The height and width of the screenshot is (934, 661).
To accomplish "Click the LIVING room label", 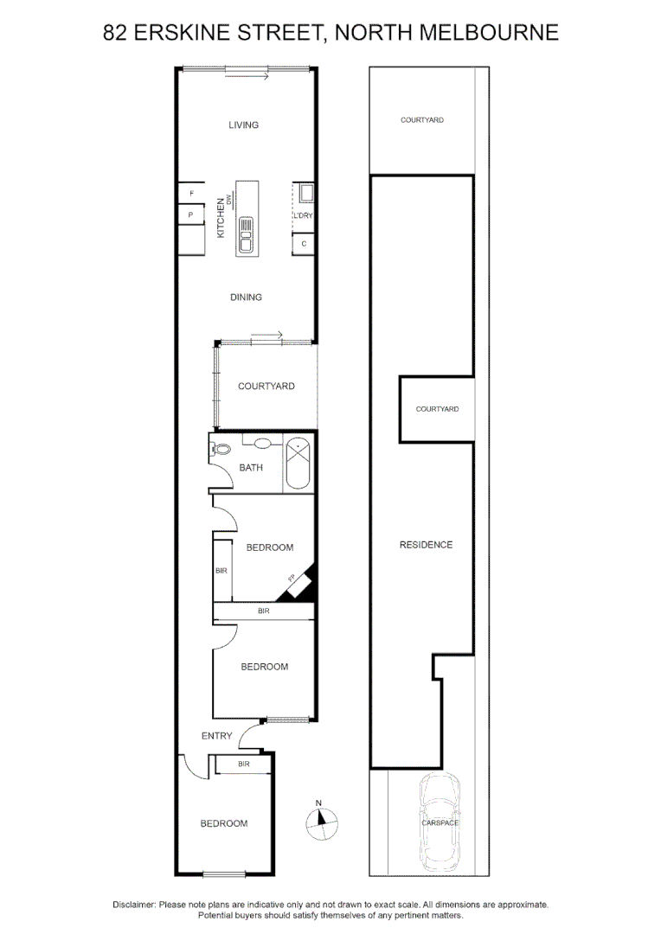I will pyautogui.click(x=243, y=125).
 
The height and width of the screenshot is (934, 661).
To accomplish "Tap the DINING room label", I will pyautogui.click(x=246, y=297).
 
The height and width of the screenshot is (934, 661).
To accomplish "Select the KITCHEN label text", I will pyautogui.click(x=221, y=218).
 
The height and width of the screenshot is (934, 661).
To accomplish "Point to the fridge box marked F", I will pyautogui.click(x=191, y=194).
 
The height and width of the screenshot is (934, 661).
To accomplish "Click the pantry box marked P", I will pyautogui.click(x=190, y=214).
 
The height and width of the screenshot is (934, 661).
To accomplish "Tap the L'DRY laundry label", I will pyautogui.click(x=303, y=215).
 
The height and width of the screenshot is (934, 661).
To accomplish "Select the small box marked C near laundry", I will pyautogui.click(x=304, y=244).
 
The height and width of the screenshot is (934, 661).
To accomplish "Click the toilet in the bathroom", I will pyautogui.click(x=221, y=449).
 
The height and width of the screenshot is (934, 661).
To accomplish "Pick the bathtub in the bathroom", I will pyautogui.click(x=298, y=464).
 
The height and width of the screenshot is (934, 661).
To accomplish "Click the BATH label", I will pyautogui.click(x=251, y=468).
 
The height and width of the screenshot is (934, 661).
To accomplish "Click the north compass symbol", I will pyautogui.click(x=321, y=822).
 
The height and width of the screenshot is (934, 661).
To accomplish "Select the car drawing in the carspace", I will pyautogui.click(x=440, y=822).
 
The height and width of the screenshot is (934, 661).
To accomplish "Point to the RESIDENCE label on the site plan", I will pyautogui.click(x=426, y=545).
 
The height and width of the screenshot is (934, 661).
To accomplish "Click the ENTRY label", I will pyautogui.click(x=216, y=736).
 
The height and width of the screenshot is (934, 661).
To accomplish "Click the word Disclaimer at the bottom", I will pyautogui.click(x=134, y=905).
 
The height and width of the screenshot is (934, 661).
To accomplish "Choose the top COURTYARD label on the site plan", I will pyautogui.click(x=422, y=120).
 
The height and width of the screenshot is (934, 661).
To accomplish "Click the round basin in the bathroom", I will pyautogui.click(x=264, y=444).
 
